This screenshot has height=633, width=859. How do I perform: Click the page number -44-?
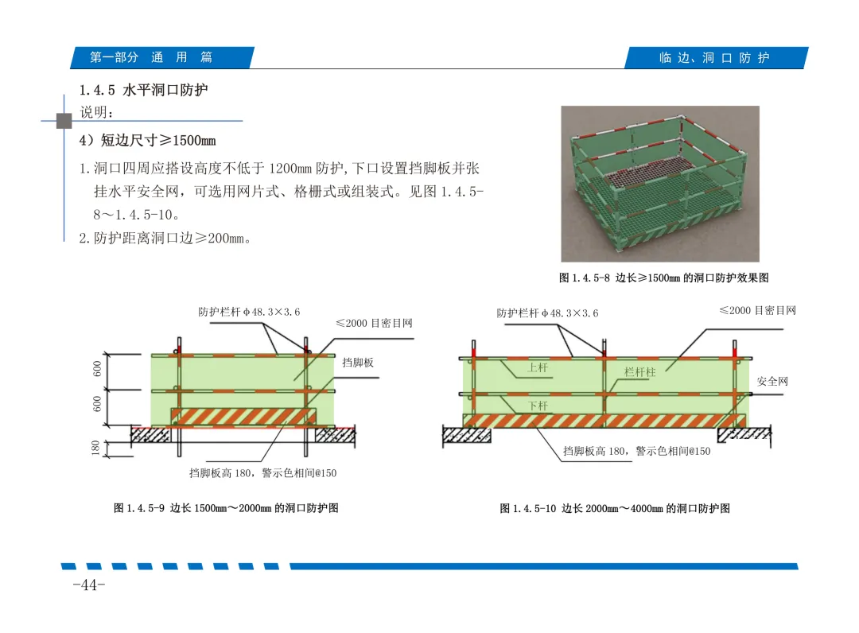point(89,585)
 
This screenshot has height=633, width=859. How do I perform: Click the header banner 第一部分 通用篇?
point(162,57)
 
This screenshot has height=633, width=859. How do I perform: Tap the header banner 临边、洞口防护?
point(716,57)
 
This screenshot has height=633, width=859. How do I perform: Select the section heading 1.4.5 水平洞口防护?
point(143,90)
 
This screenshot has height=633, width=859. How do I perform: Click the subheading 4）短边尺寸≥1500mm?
point(147,140)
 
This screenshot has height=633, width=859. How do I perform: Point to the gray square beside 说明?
point(64,120)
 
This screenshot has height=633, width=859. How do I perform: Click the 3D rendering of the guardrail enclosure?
point(660,184)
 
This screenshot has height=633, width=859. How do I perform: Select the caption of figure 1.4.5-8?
point(663,278)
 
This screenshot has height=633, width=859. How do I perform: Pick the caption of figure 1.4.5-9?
point(226,508)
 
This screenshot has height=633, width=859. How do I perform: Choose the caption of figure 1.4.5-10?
point(615,509)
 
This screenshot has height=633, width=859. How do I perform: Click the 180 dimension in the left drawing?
point(96,448)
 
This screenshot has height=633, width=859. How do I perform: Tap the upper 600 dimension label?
point(98,369)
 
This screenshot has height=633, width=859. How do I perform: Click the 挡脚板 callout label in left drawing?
point(358,363)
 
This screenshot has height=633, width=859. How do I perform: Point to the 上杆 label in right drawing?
point(538,367)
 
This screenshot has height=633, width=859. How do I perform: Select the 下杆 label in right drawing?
point(538,406)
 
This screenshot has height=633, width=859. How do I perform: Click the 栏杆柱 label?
point(639,372)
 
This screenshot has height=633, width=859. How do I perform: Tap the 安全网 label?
point(772,381)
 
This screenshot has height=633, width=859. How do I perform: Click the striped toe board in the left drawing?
point(243,417)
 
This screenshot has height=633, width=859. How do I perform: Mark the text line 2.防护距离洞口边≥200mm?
point(165,239)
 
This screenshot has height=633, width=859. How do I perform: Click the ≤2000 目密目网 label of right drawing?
point(758,310)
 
